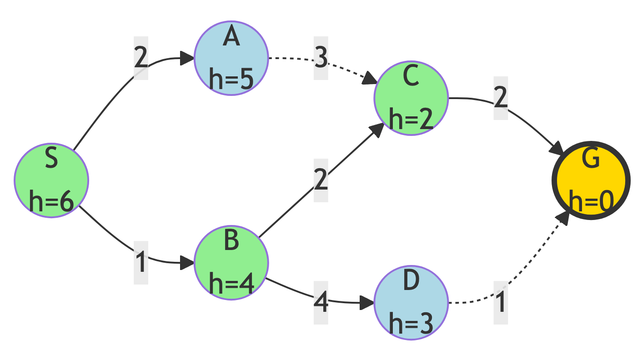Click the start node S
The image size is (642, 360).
[x=51, y=180]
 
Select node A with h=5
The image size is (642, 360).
[x=231, y=58]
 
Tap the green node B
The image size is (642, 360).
[x=231, y=263]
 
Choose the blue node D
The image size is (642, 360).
[x=411, y=303]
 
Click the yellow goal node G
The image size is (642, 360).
[x=591, y=180]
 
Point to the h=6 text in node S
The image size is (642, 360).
[x=51, y=201]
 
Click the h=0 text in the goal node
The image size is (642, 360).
[x=591, y=201]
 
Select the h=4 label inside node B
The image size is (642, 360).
[x=231, y=284]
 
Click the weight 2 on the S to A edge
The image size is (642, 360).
[x=141, y=58]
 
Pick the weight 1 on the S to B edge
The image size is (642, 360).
[x=141, y=263]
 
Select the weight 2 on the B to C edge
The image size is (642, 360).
[x=321, y=180]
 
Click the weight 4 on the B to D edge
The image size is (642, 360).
[x=321, y=303]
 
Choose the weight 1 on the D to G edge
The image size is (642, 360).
[x=501, y=303]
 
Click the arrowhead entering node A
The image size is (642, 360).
[x=188, y=58]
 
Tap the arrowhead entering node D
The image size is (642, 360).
[x=367, y=303]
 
